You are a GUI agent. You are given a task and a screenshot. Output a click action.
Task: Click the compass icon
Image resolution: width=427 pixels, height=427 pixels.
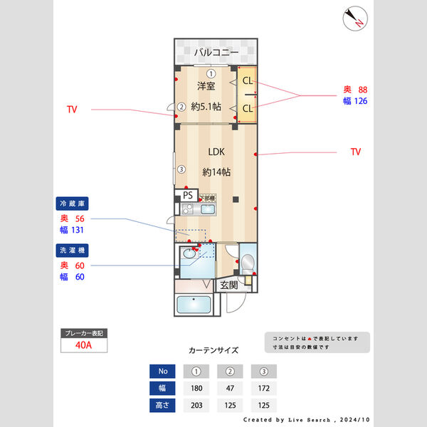354,18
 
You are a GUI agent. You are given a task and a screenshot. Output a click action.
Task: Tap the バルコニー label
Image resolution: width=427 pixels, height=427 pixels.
216,52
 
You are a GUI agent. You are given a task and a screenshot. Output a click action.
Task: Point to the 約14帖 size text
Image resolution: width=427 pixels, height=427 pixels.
216,172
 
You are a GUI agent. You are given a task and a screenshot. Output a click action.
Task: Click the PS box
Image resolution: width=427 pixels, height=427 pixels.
188,194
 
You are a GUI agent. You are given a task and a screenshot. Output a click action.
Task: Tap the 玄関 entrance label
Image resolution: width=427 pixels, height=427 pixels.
228,285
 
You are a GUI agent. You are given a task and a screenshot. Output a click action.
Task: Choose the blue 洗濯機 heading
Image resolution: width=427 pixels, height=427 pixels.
73,251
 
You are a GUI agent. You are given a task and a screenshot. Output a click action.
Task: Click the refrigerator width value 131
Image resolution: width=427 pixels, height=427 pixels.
76,231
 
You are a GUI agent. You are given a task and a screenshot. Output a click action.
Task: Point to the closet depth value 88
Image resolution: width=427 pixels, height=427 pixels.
362,90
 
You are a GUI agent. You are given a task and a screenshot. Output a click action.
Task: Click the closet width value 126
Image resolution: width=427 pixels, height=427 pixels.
359,101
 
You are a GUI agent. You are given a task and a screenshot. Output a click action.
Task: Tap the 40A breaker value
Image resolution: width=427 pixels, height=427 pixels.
83,345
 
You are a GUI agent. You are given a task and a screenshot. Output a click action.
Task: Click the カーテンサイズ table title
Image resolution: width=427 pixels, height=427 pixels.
213,350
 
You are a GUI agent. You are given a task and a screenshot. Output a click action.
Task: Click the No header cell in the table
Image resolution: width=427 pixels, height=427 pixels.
163,371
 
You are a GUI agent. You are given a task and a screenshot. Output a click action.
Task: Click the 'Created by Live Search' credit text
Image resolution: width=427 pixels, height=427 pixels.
306,420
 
